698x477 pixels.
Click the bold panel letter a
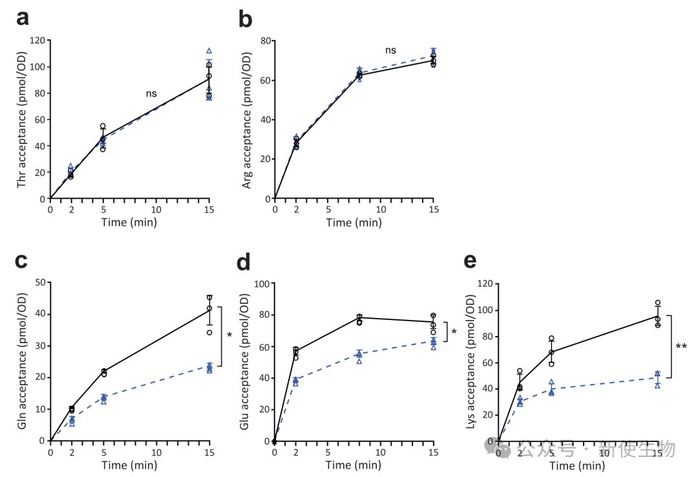click(x=23, y=19)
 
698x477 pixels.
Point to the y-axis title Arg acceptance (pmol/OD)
click(x=246, y=120)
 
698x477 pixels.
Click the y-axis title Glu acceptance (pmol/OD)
click(x=246, y=362)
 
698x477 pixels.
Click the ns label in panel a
click(x=151, y=94)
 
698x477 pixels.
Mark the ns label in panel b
click(x=390, y=50)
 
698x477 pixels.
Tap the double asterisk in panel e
click(x=681, y=347)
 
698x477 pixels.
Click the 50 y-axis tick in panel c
click(x=40, y=282)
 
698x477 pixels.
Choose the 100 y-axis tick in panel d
click(x=262, y=283)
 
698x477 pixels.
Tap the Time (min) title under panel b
click(x=354, y=223)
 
